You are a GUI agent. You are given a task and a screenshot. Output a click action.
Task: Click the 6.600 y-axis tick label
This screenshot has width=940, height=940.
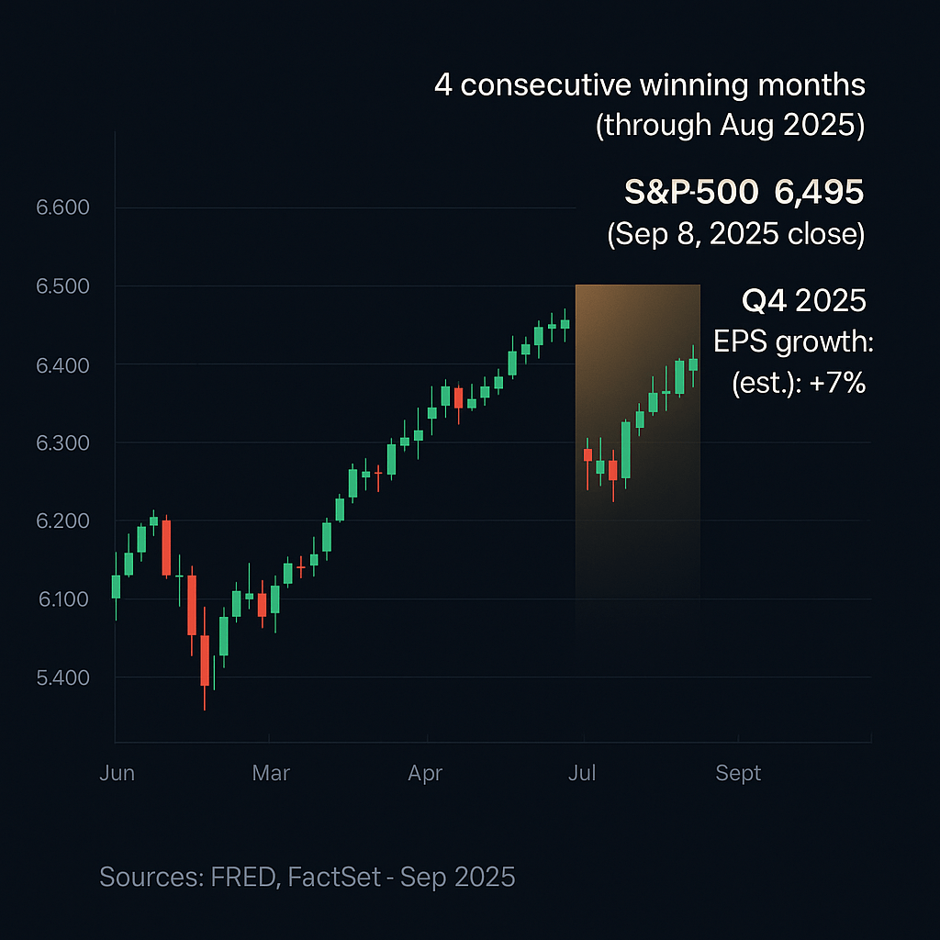pos(63,207)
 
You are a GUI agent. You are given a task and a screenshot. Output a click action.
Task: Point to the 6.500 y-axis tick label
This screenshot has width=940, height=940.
pos(63,286)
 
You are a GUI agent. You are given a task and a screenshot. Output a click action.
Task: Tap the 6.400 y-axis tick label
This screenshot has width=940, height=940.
pos(63,365)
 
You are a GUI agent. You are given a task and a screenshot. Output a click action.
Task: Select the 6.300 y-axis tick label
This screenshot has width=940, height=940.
pos(63,443)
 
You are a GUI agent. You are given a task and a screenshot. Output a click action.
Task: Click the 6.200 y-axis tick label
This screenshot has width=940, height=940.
pos(63,521)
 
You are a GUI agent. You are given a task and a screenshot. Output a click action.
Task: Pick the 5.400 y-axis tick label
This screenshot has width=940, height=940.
pos(63,678)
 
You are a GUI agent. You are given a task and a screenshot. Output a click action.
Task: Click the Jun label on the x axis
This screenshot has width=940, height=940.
pos(117,773)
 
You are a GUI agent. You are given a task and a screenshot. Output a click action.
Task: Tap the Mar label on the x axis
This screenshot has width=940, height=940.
pos(271,773)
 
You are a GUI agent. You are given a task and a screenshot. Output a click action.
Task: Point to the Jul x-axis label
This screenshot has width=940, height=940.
pos(582,773)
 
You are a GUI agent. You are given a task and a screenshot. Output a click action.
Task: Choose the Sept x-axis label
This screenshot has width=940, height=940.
pos(738,773)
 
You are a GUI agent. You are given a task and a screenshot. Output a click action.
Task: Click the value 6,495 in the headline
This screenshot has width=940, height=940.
pos(819,192)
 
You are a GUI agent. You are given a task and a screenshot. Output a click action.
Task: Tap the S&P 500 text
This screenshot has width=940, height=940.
pos(691,192)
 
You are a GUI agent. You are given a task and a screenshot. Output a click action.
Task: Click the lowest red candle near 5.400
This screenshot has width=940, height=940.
pos(205,660)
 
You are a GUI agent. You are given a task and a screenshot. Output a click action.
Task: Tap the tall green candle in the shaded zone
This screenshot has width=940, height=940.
pos(626,450)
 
